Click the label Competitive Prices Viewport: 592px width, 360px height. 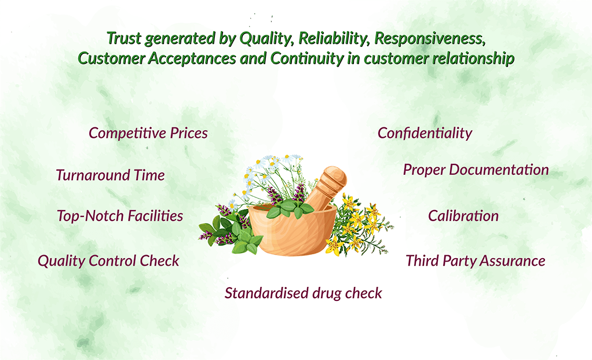pyautogui.click(x=148, y=133)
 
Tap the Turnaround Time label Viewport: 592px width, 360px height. pyautogui.click(x=110, y=175)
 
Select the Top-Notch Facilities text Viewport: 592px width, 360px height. pyautogui.click(x=120, y=216)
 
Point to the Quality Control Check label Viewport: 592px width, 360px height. pyautogui.click(x=108, y=261)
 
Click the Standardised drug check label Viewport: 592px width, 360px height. pyautogui.click(x=303, y=293)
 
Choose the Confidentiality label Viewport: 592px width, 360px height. pyautogui.click(x=425, y=133)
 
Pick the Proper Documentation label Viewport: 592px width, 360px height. pyautogui.click(x=476, y=170)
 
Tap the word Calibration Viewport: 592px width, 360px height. pyautogui.click(x=463, y=216)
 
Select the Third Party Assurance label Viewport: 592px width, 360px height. pyautogui.click(x=476, y=261)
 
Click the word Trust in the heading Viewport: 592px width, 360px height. pyautogui.click(x=124, y=39)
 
